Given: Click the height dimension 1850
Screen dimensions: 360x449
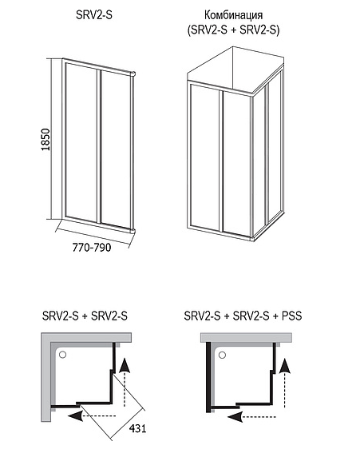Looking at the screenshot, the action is tap(45, 140).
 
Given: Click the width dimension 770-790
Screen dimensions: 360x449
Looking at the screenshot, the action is tap(92, 247).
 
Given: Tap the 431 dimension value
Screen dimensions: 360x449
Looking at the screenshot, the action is tap(137, 428).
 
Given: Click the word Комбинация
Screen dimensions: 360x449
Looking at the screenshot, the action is tap(234, 15).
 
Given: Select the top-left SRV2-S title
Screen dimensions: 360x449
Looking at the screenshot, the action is tap(94, 15).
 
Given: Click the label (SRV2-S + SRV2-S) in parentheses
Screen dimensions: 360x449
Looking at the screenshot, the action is tap(234, 30).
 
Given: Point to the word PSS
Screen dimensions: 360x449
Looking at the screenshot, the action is tap(291, 316).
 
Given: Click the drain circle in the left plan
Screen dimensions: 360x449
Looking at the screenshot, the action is tap(62, 355).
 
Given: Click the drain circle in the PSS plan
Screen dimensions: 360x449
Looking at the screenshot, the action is tap(223, 356).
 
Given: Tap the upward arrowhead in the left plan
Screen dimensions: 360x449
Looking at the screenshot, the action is tap(125, 366).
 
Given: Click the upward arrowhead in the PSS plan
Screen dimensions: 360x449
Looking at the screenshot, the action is tap(284, 366).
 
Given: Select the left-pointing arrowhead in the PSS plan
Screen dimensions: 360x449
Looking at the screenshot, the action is tap(235, 416).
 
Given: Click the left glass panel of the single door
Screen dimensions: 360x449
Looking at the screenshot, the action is tap(81, 142).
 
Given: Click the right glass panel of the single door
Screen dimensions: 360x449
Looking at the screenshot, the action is tap(116, 149).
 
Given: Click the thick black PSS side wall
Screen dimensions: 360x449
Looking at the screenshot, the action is tap(208, 377).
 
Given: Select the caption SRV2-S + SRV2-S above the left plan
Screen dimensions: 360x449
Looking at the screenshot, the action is tap(85, 316).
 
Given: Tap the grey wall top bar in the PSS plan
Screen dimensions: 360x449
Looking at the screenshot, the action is tap(246, 337).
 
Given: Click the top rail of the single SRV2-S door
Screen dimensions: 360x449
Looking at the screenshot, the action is tap(98, 67).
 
